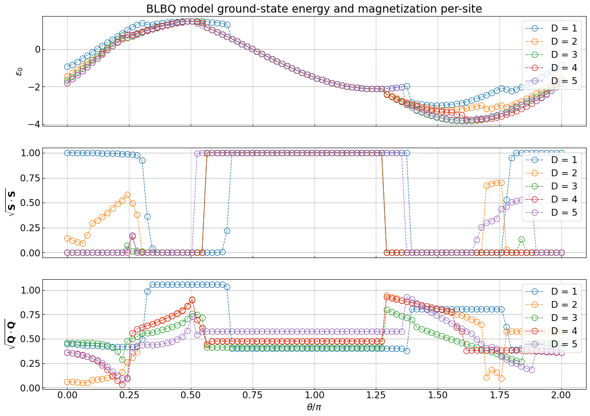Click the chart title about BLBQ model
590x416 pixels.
click(314, 9)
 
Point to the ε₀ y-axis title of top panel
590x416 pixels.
click(19, 71)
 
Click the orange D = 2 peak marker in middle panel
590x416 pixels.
click(127, 195)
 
